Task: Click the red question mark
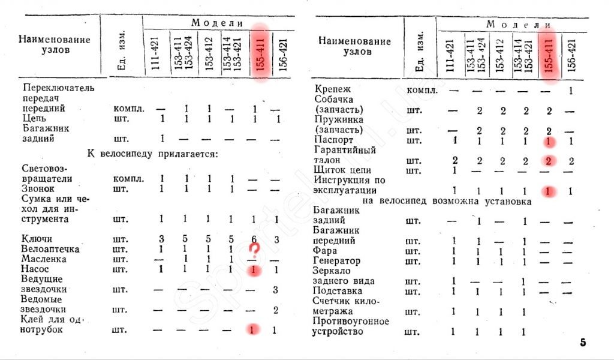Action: click(255, 249)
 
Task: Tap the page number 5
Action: click(583, 343)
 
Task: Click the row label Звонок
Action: click(37, 189)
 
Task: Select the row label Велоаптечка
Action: click(50, 249)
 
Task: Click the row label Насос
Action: click(35, 269)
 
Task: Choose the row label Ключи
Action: click(37, 239)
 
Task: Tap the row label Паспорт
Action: click(333, 140)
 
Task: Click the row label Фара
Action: click(325, 251)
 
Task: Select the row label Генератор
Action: click(337, 261)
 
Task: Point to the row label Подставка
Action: click(338, 291)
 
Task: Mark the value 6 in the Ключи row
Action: click(254, 239)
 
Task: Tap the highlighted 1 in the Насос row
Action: click(254, 270)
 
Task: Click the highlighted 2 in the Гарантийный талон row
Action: click(547, 160)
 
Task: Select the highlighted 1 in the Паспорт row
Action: click(547, 141)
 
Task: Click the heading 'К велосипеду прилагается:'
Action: click(153, 153)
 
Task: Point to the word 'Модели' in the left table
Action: click(217, 23)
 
